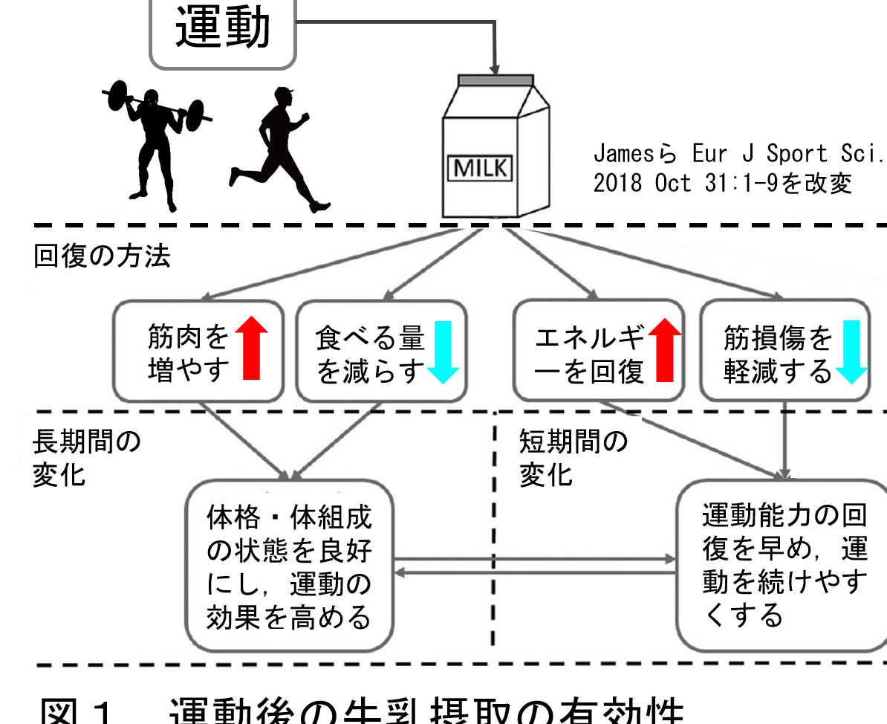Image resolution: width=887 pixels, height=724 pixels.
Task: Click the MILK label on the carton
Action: coord(481,167)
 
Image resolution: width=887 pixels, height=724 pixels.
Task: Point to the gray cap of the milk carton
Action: coord(496,80)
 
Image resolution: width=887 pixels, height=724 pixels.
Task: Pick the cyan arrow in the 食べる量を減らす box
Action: coord(443,352)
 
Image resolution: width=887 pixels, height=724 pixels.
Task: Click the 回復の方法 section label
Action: coord(103,256)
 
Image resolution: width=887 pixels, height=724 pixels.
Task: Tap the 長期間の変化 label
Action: coord(86,457)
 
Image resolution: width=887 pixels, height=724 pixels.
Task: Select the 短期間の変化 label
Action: coord(573,457)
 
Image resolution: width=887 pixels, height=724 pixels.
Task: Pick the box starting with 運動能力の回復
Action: coord(784,565)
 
